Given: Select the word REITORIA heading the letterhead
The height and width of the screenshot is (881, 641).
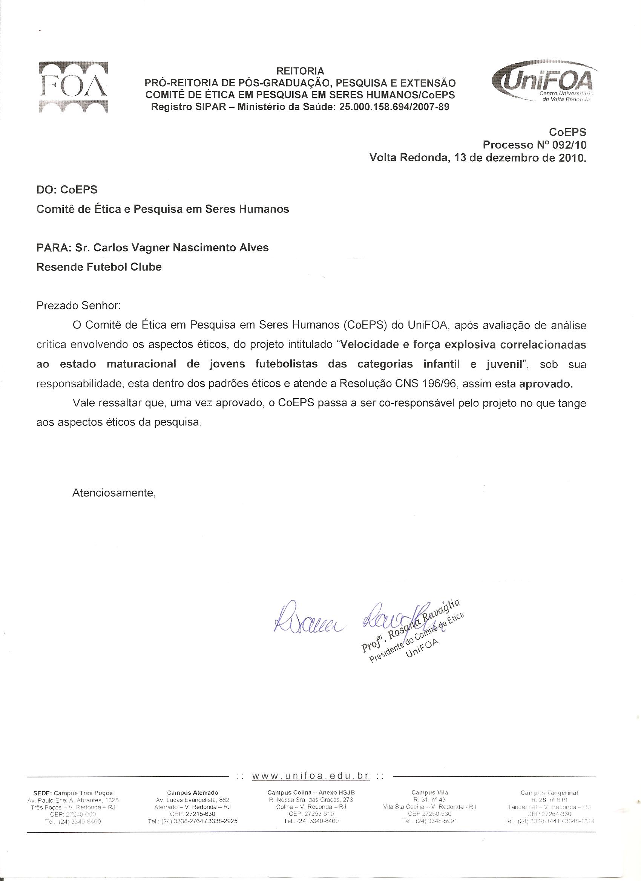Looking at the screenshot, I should click(x=300, y=71).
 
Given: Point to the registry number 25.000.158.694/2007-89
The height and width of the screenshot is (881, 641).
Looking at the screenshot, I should click(x=394, y=106).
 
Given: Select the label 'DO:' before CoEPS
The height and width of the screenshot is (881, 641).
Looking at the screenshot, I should click(x=47, y=190).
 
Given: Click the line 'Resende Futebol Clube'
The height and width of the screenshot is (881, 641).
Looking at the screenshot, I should click(x=99, y=267).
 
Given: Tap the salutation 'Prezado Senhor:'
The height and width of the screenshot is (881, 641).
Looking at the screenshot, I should click(x=78, y=306).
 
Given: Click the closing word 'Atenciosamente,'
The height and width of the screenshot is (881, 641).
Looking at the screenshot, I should click(x=114, y=493).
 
